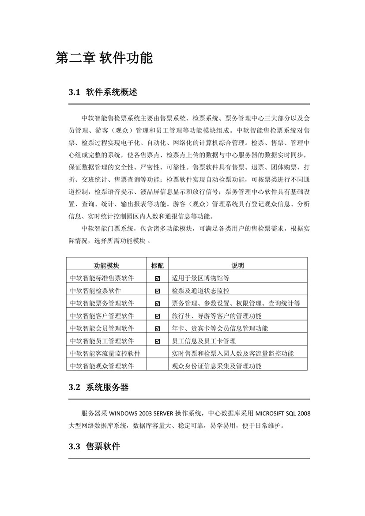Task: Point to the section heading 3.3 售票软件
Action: [94, 446]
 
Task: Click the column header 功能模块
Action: [106, 265]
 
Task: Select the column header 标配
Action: [157, 265]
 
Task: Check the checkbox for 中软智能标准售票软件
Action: [157, 279]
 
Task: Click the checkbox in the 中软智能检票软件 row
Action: [157, 291]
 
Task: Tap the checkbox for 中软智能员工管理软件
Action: [157, 341]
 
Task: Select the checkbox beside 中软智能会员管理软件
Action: [157, 329]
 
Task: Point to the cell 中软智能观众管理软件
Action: [102, 366]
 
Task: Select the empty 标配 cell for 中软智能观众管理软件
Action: [157, 366]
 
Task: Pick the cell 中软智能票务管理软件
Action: [102, 303]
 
